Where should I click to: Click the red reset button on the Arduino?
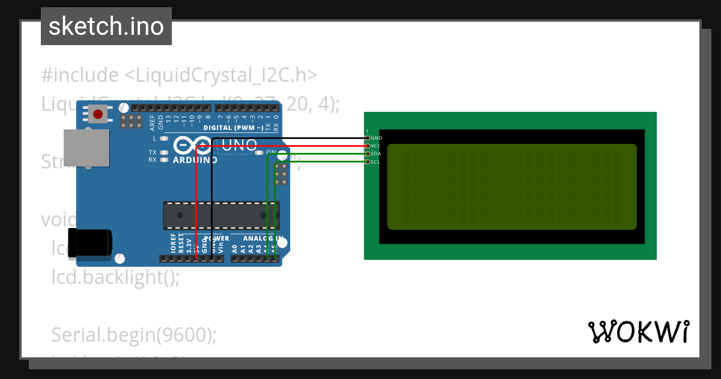(98, 113)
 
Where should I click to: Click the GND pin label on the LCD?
(377, 138)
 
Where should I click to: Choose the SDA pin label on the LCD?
(376, 154)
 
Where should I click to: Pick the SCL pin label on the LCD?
(376, 162)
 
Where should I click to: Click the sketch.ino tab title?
(106, 26)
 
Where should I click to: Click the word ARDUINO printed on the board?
(195, 161)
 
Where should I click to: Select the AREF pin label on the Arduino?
(153, 123)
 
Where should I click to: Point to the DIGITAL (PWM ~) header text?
(233, 128)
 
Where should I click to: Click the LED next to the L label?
(164, 138)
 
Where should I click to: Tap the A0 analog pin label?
(235, 247)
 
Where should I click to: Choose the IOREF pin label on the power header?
(172, 244)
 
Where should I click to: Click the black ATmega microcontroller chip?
(221, 215)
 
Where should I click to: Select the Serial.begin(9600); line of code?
(134, 334)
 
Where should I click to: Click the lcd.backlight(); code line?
(115, 277)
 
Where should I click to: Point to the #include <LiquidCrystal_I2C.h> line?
(179, 75)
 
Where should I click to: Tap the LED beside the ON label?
(259, 153)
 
